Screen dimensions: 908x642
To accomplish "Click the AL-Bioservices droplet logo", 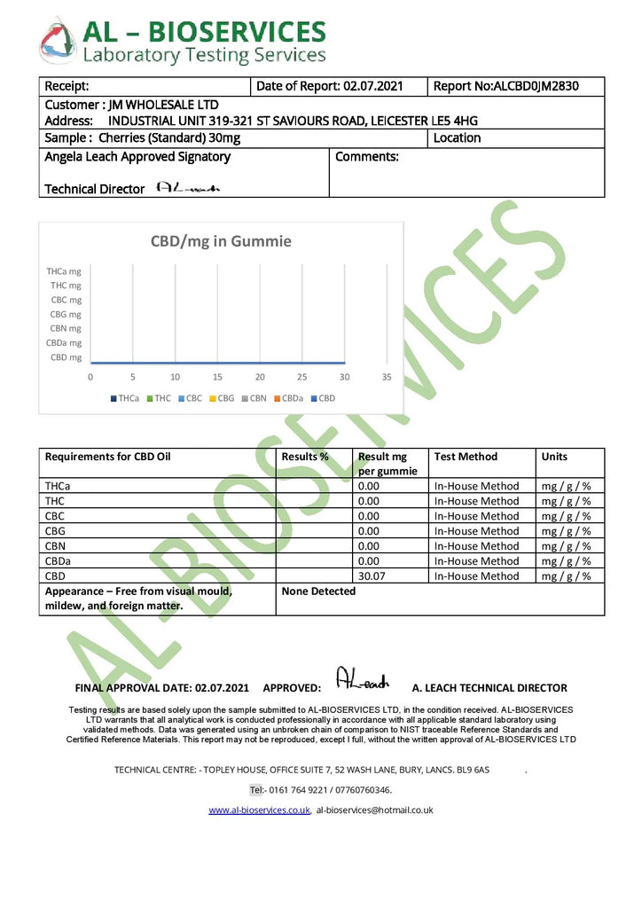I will [x=57, y=41].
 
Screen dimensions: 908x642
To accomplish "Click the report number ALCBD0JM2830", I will [x=535, y=86].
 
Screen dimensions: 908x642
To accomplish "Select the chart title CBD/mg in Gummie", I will [x=221, y=241].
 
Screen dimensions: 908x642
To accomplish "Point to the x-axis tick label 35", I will [x=387, y=377].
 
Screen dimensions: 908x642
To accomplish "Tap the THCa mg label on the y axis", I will [x=64, y=271].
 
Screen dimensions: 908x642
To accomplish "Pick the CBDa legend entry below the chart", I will [x=289, y=399].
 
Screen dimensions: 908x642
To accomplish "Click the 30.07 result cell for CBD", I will [x=371, y=576].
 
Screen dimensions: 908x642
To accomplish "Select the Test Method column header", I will [x=466, y=457].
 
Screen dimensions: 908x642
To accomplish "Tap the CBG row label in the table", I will [x=55, y=531].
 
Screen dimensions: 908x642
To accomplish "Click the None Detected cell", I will [x=318, y=591].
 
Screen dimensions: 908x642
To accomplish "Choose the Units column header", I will [x=554, y=457].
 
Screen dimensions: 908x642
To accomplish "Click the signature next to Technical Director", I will [x=187, y=188].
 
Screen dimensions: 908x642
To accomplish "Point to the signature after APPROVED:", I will [x=363, y=680].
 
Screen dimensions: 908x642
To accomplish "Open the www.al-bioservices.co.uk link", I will [x=259, y=810].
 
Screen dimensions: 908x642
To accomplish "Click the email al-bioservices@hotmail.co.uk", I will [x=374, y=810].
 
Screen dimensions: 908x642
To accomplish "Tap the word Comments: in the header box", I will [x=367, y=157].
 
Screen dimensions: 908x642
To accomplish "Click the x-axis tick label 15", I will [x=217, y=377].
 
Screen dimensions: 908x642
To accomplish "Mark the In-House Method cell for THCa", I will [x=476, y=486].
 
